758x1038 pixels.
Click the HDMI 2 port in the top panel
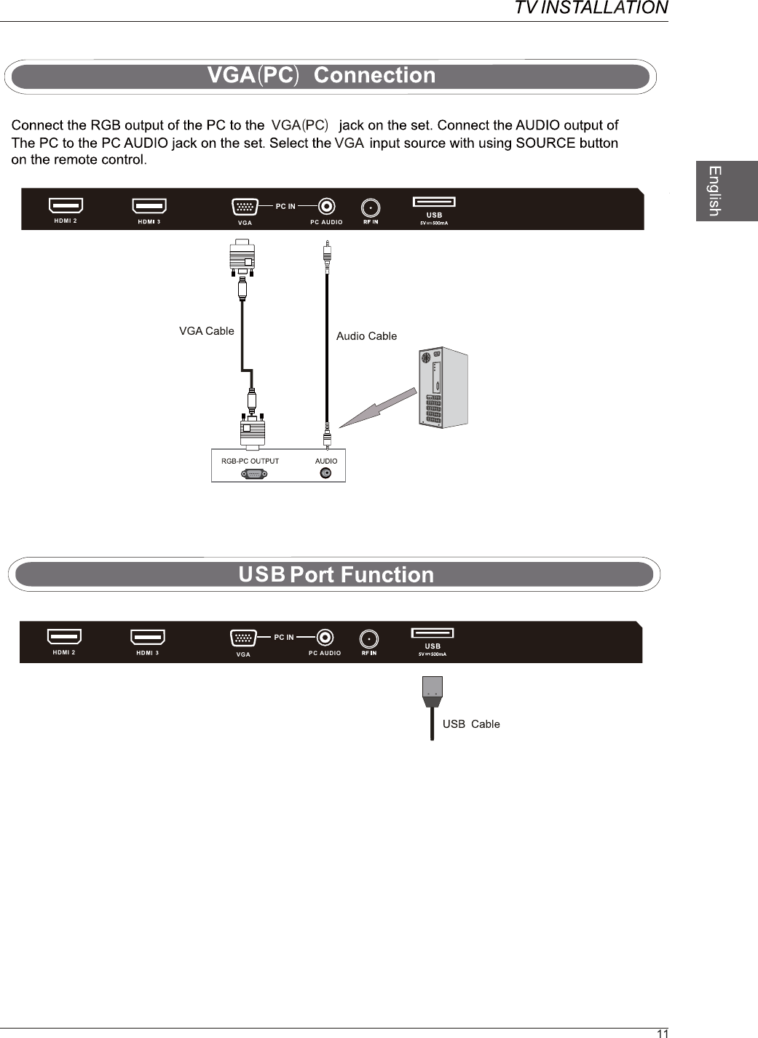(66, 206)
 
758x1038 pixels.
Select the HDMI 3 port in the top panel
(149, 207)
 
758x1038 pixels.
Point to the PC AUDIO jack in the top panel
(327, 207)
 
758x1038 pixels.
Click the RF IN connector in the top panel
(371, 207)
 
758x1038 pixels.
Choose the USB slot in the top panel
(434, 202)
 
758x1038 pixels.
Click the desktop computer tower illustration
(443, 387)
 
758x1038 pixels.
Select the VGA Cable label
(207, 331)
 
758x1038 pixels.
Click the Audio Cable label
(366, 336)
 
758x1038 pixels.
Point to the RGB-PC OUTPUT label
(250, 461)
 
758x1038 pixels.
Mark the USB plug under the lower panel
(432, 692)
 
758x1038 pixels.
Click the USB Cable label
(471, 724)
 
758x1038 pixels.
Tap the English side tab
(716, 191)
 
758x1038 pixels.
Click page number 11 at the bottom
(662, 1033)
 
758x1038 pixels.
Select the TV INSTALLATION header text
(591, 8)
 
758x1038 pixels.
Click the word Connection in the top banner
(374, 76)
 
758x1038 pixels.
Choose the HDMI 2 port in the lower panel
(64, 638)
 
